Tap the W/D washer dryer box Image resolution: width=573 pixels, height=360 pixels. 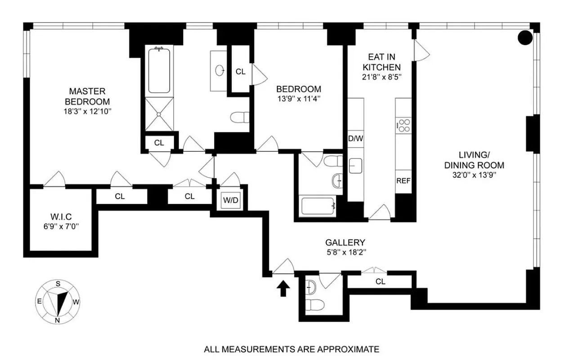231,200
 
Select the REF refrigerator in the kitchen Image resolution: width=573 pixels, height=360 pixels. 403,181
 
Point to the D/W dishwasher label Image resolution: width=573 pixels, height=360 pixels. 355,139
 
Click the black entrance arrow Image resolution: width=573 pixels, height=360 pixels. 283,288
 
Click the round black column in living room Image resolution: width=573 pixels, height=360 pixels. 524,38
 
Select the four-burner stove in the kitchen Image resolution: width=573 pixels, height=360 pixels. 403,125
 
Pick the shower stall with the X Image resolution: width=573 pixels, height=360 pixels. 159,114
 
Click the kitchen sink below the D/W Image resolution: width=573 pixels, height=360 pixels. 355,166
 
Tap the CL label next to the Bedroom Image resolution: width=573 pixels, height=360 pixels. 241,72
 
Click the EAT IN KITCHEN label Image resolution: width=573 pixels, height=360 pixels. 381,62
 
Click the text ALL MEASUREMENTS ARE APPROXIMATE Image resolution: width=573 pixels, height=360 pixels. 291,349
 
